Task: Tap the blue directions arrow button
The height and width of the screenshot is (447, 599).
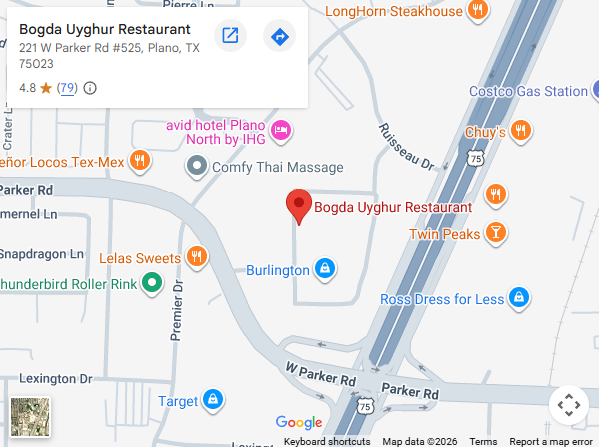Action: [280, 37]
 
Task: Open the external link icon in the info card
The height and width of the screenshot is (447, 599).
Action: [230, 37]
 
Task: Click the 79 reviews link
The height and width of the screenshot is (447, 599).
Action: [67, 88]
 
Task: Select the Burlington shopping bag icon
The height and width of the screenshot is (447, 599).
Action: [324, 269]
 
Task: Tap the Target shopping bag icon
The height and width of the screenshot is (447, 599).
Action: [212, 401]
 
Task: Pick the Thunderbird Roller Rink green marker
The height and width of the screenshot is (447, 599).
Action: [152, 283]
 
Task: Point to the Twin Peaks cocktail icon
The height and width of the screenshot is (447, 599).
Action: [495, 234]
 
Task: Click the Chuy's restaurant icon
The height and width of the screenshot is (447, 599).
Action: [520, 131]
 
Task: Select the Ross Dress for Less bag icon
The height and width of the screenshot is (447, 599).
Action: [518, 298]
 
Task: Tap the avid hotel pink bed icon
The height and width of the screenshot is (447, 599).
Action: [282, 129]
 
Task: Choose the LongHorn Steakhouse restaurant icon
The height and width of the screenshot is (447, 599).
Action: [480, 11]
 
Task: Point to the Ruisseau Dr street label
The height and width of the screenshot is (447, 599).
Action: [404, 146]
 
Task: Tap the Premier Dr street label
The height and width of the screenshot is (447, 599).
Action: [177, 310]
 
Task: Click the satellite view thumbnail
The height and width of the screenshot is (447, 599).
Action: [28, 416]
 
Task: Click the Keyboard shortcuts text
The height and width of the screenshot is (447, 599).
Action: [327, 441]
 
